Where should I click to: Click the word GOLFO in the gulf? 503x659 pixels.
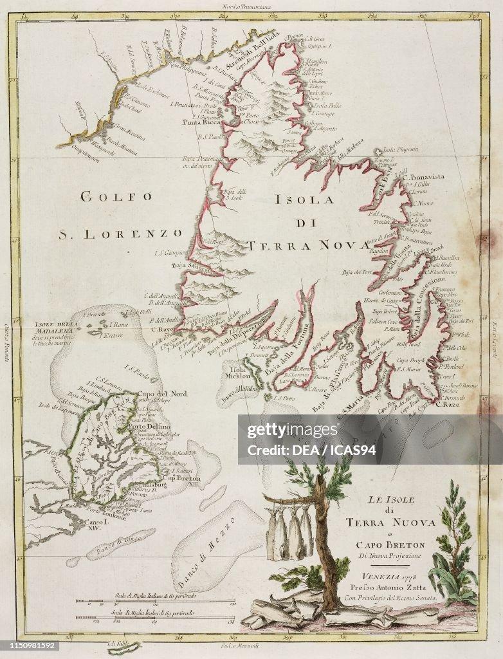point(116,197)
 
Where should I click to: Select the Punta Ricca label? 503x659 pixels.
point(201,122)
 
